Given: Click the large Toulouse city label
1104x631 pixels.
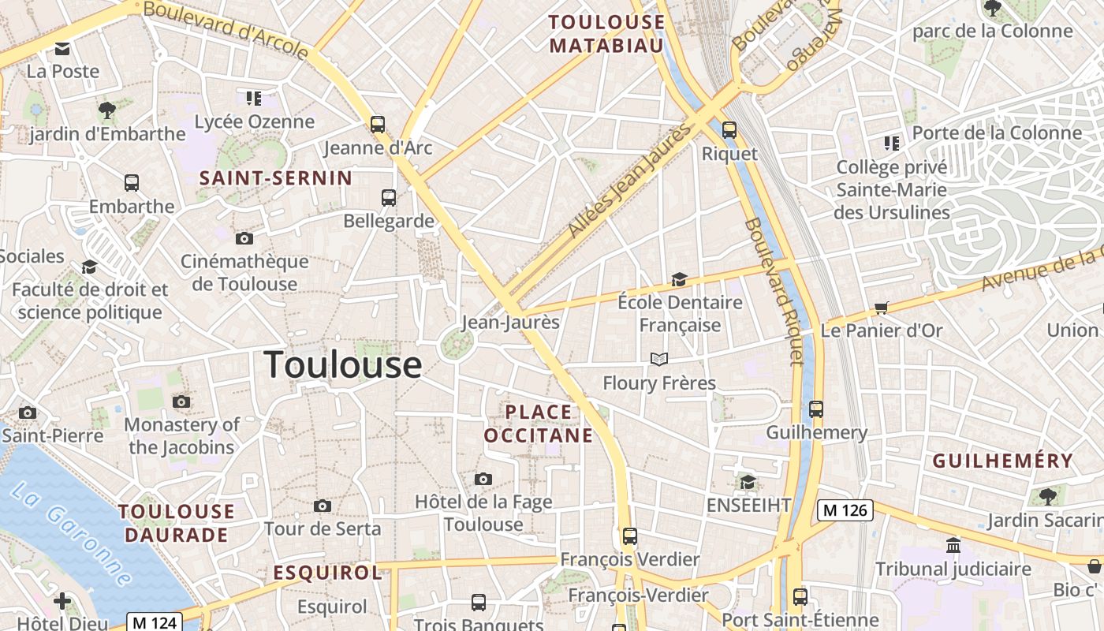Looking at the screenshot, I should (342, 364).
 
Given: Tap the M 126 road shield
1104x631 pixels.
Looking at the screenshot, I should (845, 510).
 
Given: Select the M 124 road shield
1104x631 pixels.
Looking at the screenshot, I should (155, 622).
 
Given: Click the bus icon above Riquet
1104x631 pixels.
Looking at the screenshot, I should (729, 130).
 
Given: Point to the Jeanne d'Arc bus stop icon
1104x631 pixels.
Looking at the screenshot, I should (378, 124).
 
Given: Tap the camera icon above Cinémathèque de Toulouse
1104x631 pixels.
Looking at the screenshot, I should (244, 238).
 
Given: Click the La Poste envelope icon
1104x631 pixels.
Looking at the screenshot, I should (62, 49).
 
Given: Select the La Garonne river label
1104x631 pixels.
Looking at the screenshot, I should (71, 533).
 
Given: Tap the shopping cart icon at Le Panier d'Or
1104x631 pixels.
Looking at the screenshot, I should (881, 308).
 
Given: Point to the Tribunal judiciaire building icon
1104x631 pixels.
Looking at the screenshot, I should (953, 545).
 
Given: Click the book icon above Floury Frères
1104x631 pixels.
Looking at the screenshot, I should (659, 360).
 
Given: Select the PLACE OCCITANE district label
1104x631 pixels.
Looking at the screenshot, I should (539, 424).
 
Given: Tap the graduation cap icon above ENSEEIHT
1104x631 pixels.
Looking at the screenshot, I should (748, 481).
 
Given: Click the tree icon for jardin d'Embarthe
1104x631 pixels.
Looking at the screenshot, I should (107, 110).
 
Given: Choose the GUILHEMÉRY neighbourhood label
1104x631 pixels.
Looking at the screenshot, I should (1003, 461).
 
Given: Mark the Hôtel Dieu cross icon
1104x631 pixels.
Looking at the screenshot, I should (62, 602).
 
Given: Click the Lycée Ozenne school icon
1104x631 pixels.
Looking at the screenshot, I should (253, 99).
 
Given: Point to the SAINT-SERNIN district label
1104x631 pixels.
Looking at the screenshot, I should (275, 178).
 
